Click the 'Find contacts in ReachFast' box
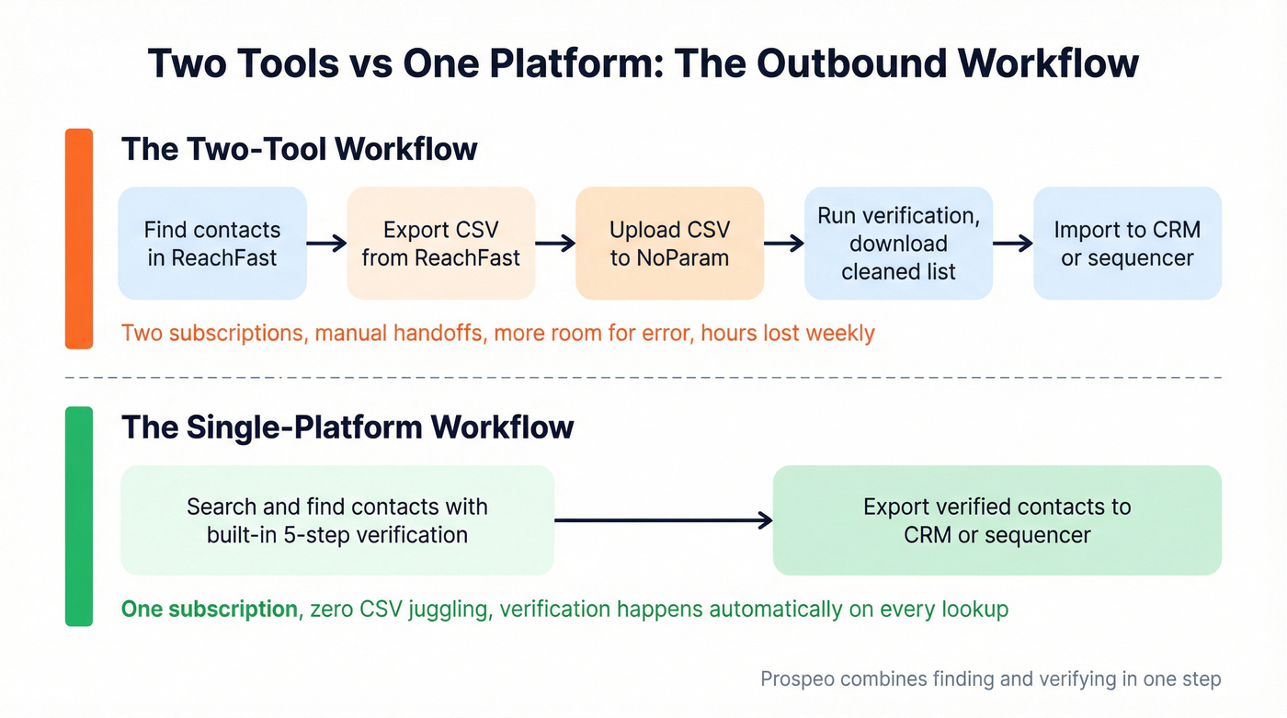[x=212, y=244]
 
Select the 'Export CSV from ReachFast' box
[x=440, y=244]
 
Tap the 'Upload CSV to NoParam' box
[x=669, y=244]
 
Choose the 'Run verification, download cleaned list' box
[x=898, y=244]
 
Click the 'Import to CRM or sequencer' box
[x=1127, y=244]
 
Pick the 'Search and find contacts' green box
[x=337, y=520]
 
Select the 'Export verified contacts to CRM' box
[x=997, y=520]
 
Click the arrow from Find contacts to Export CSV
[x=326, y=244]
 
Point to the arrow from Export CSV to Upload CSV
[x=555, y=244]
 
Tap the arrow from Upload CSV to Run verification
[x=784, y=244]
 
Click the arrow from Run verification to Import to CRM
[x=1013, y=244]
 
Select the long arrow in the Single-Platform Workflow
[x=663, y=521]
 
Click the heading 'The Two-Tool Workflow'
[x=299, y=149]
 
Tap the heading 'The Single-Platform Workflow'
[x=347, y=427]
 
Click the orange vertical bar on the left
[x=79, y=239]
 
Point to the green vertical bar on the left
[x=79, y=516]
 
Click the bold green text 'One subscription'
[x=209, y=609]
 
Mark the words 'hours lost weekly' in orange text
[x=787, y=333]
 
